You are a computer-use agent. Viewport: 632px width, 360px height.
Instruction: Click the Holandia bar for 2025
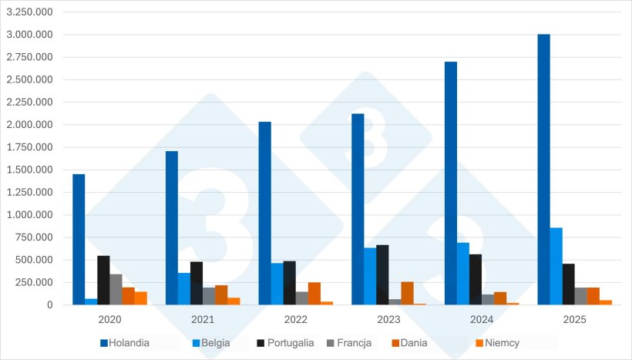point(543,170)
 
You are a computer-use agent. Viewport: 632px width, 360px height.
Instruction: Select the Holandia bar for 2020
point(79,239)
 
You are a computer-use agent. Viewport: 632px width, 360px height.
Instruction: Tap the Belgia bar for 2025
point(556,266)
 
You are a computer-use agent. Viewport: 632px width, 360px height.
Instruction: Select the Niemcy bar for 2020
point(141,298)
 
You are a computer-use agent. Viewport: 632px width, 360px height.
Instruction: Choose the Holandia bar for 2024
point(451,183)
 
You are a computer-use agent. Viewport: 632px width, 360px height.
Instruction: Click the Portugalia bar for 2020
point(103,280)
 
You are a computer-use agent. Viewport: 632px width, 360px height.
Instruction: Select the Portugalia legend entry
point(286,342)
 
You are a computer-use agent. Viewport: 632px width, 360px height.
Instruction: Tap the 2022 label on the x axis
point(296,319)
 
